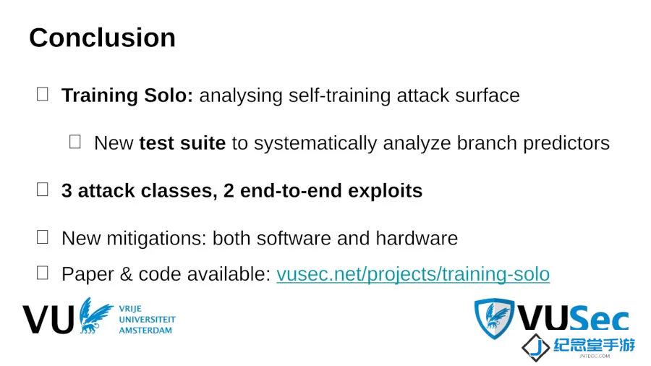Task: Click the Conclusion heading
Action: (x=102, y=38)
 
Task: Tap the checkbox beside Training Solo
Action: (x=43, y=94)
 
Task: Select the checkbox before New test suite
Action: (x=75, y=142)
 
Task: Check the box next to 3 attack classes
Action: (x=43, y=190)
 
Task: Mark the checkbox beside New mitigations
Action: (x=43, y=237)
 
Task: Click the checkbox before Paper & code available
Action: (x=43, y=273)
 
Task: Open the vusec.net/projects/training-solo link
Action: (x=413, y=274)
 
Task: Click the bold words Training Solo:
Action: (x=127, y=95)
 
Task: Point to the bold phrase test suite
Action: (x=182, y=143)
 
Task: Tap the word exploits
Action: (x=385, y=191)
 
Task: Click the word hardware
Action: (x=417, y=239)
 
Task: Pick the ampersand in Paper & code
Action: (x=126, y=274)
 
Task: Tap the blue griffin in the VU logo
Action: (x=95, y=315)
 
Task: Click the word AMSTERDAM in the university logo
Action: (x=145, y=331)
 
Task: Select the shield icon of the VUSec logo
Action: (x=494, y=318)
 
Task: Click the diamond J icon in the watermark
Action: (x=536, y=347)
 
